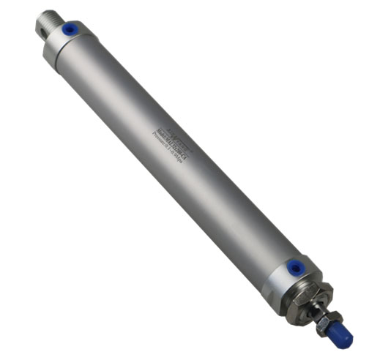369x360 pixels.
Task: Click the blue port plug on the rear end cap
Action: pyautogui.click(x=69, y=30)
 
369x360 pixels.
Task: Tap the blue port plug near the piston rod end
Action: pyautogui.click(x=294, y=269)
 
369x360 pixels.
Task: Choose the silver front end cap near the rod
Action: pyautogui.click(x=293, y=278)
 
